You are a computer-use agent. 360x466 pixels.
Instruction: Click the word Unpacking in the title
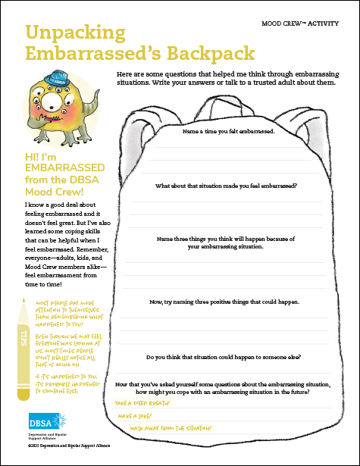[x=75, y=33]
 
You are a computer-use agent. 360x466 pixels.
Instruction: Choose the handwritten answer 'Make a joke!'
[x=135, y=417]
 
